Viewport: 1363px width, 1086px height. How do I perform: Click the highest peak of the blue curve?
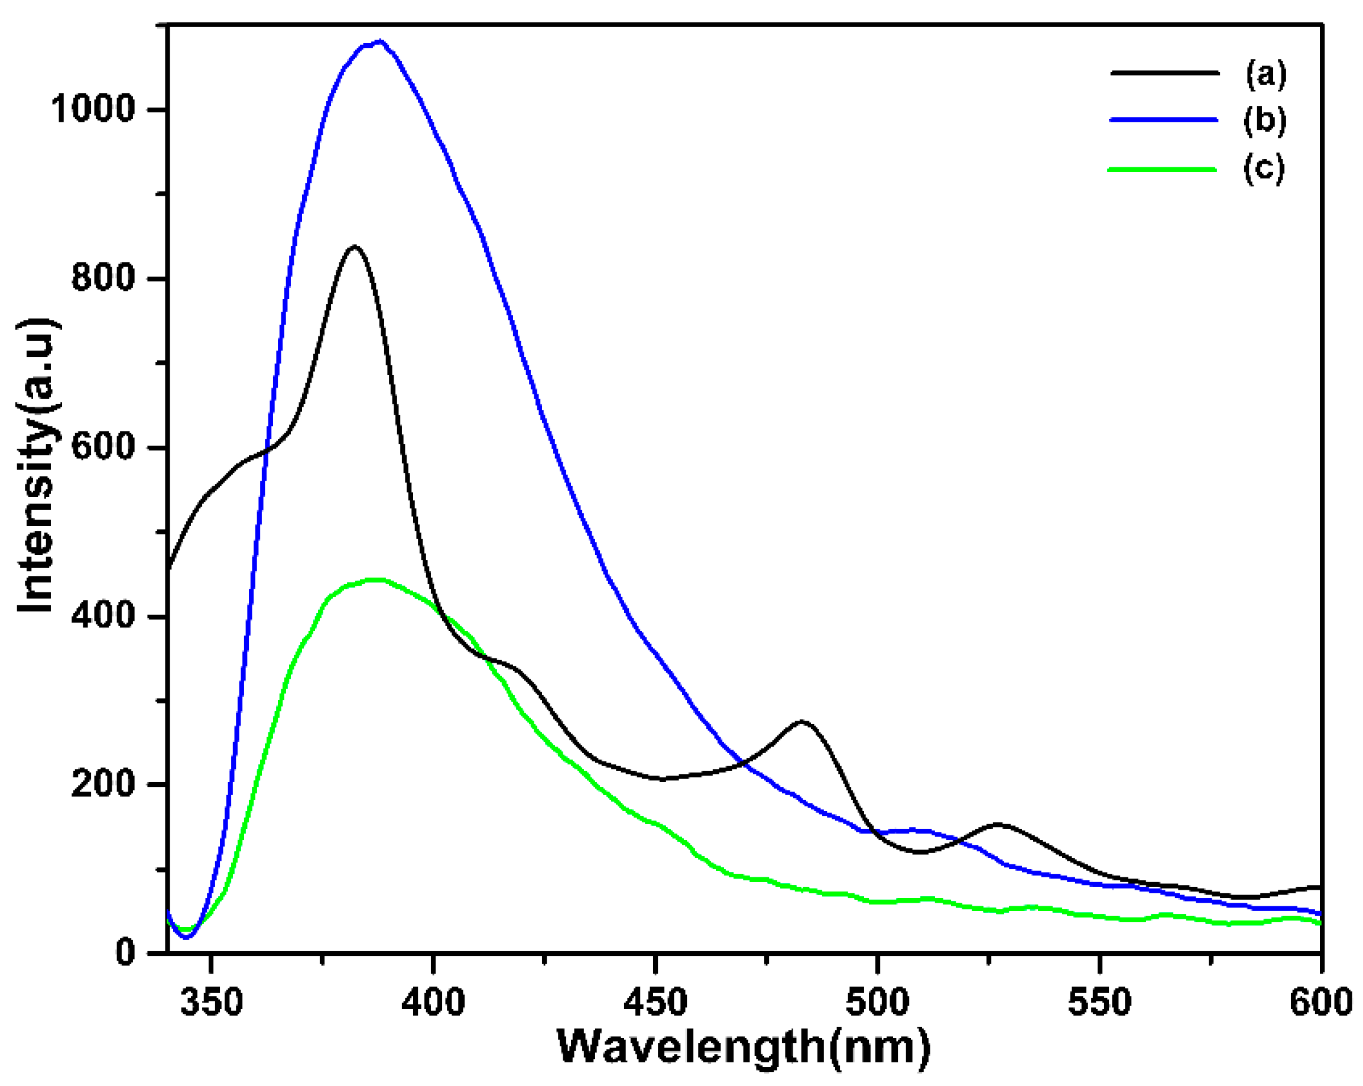coord(379,42)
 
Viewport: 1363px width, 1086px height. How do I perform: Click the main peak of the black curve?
coord(355,247)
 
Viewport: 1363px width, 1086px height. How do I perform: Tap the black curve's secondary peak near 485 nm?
coord(802,721)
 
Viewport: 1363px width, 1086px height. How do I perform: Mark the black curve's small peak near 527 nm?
coord(998,824)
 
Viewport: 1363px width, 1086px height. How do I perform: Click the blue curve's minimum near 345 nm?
coord(185,937)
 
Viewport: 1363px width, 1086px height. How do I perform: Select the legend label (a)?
coord(1265,74)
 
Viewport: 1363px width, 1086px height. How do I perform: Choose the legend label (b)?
coord(1264,120)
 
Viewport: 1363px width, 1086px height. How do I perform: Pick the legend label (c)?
coord(1264,168)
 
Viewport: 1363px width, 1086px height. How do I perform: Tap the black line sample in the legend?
coord(1164,73)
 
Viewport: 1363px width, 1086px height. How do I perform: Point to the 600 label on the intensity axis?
coord(103,448)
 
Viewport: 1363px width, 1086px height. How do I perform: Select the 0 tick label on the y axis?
coord(125,952)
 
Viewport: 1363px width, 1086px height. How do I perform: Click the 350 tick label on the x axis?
coord(211,1003)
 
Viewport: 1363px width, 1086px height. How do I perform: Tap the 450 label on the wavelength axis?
coord(655,1003)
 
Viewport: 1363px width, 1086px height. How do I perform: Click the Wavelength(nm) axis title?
coord(744,1048)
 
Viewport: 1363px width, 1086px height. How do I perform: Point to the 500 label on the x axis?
coord(878,1003)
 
